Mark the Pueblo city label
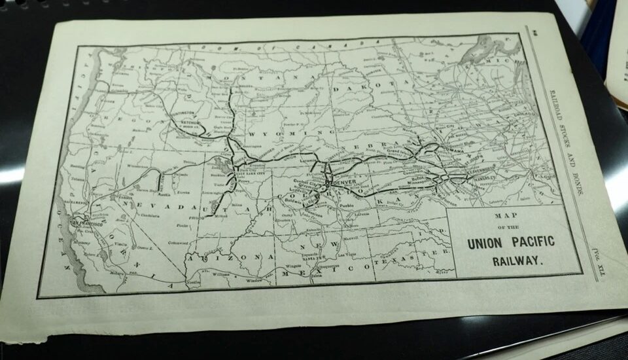tap(351, 205)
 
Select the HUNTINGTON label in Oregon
tap(183, 113)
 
